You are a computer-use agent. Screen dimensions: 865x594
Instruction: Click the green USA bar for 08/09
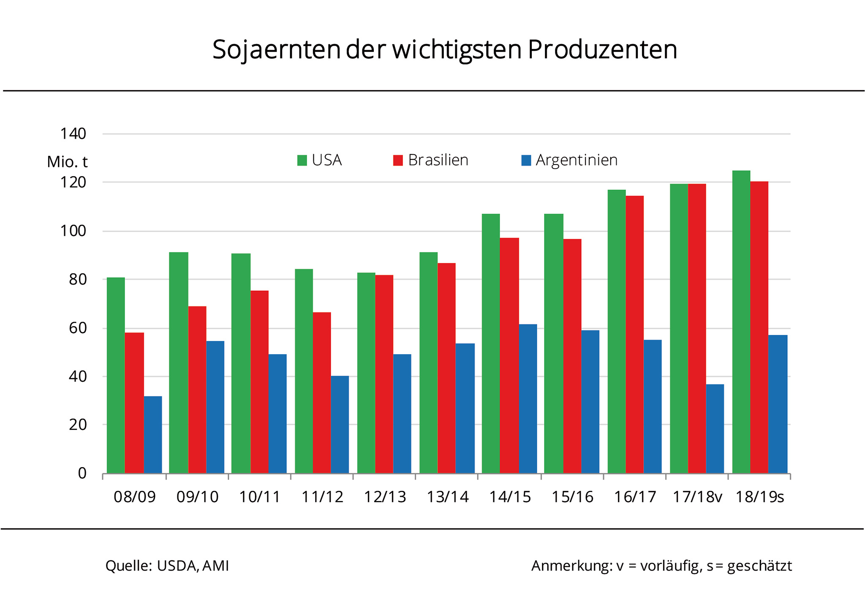pos(116,375)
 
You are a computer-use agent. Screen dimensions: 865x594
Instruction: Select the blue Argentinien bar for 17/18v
pos(715,429)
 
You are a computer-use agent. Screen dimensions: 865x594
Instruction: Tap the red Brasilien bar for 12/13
pos(384,374)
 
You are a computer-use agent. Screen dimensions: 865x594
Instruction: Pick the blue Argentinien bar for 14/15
pos(528,399)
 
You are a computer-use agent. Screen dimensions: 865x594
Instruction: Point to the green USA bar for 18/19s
pos(741,322)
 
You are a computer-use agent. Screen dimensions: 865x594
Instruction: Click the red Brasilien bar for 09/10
pos(197,390)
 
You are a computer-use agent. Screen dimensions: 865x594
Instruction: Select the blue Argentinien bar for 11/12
pos(340,424)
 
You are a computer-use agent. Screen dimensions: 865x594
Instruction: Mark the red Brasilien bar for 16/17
pos(635,334)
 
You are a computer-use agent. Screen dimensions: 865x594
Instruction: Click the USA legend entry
pos(320,160)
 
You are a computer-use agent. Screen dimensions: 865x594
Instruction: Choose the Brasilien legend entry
pos(431,160)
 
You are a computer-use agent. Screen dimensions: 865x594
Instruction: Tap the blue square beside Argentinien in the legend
pos(526,161)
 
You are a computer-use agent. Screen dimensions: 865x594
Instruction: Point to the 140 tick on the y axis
pos(73,134)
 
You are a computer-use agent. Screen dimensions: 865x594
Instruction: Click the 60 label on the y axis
pos(77,328)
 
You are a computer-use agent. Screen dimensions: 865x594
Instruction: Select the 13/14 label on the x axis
pos(448,497)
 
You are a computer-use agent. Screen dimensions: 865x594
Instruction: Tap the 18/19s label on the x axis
pos(760,497)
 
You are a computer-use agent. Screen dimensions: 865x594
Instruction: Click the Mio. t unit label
pos(68,162)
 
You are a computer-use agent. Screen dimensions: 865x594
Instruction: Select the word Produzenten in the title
pos(603,49)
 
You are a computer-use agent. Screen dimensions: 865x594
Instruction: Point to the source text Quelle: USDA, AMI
pos(167,566)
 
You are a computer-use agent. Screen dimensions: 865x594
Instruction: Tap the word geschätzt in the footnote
pos(759,566)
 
